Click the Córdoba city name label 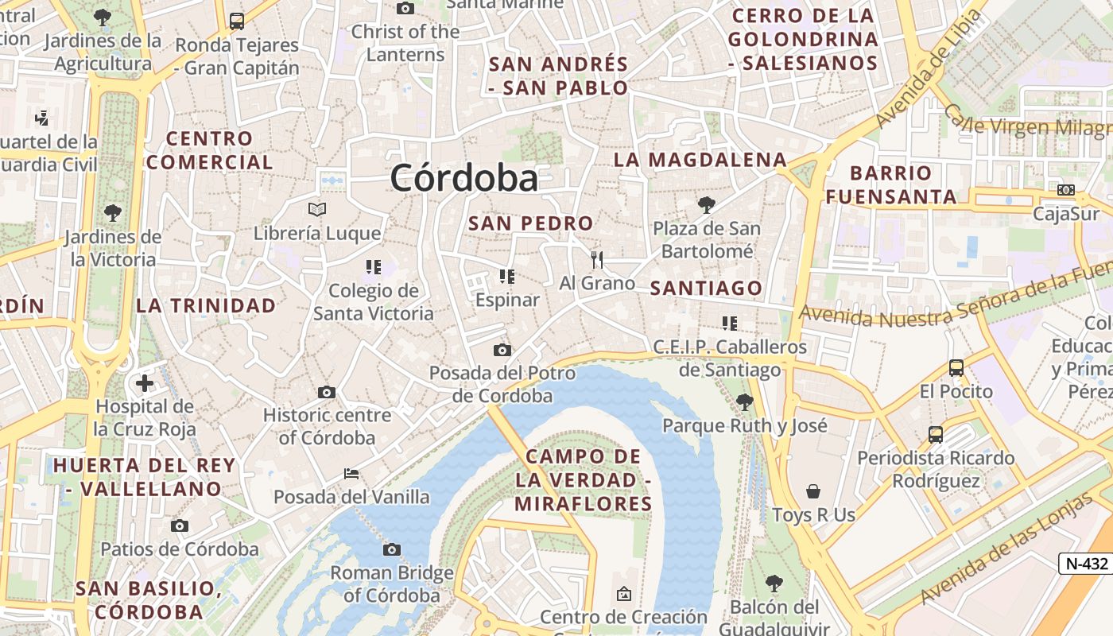click(463, 177)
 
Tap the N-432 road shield click(1086, 564)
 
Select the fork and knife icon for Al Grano click(597, 259)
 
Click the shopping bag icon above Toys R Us click(812, 491)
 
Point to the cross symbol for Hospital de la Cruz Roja click(144, 384)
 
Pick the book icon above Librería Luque click(317, 210)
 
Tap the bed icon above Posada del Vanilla click(351, 474)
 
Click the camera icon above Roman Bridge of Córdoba click(391, 549)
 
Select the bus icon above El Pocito click(956, 368)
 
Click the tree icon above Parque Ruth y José click(744, 402)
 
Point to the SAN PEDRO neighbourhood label click(530, 223)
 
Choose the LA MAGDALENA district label click(700, 160)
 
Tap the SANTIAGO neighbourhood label click(706, 289)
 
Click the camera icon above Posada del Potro click(502, 350)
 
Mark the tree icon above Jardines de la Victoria click(112, 213)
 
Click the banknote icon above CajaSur click(1065, 190)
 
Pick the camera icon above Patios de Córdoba click(180, 525)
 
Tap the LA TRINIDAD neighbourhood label click(206, 305)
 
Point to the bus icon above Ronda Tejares click(236, 21)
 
